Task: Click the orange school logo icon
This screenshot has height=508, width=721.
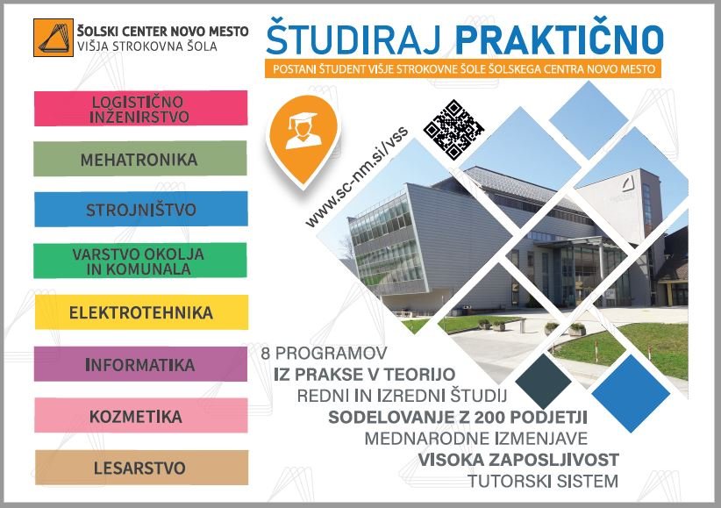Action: click(x=54, y=38)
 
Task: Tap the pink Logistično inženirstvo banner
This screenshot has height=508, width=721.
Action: click(x=140, y=108)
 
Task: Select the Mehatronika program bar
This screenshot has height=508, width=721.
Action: click(x=140, y=159)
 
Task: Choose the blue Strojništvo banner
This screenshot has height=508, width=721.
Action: click(x=140, y=210)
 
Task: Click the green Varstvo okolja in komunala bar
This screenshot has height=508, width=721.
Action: click(x=140, y=261)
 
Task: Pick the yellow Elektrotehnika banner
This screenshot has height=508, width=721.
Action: click(x=141, y=312)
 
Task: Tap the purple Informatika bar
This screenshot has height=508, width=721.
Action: click(x=140, y=364)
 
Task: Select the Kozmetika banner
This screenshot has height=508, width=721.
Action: click(x=141, y=416)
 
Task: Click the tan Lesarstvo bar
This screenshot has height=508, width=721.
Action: click(x=141, y=468)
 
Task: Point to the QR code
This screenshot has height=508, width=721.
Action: click(x=453, y=129)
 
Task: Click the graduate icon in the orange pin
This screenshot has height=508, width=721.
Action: click(x=302, y=131)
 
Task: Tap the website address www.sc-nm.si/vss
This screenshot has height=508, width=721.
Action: click(x=357, y=177)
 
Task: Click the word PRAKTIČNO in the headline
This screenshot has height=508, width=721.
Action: click(x=560, y=39)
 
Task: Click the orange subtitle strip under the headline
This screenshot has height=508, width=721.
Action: click(x=463, y=69)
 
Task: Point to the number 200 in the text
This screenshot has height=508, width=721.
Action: click(x=490, y=418)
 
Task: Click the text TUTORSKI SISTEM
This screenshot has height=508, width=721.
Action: click(x=543, y=482)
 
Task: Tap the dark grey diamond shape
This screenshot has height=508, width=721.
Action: click(x=543, y=381)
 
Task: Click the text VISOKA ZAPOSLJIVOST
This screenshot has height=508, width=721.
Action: click(x=518, y=460)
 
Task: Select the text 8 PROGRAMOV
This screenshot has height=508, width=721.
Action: click(x=325, y=354)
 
